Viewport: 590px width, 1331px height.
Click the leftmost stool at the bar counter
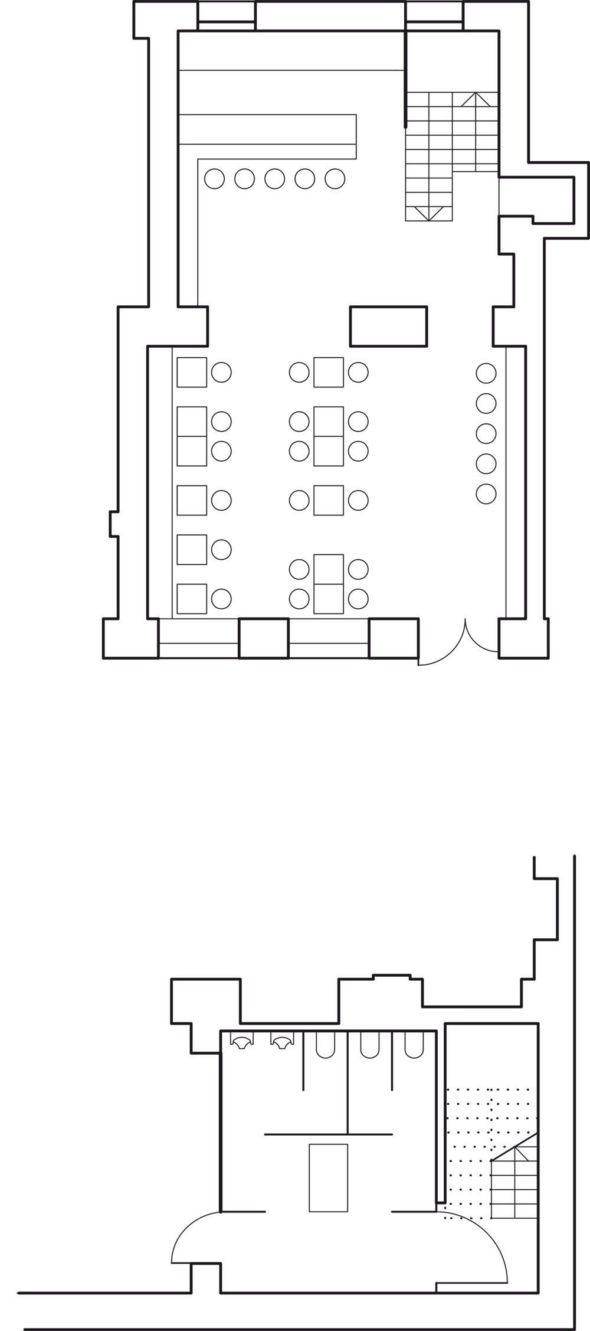(214, 178)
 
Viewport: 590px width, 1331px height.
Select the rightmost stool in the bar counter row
(335, 178)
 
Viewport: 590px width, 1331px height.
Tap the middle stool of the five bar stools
(274, 178)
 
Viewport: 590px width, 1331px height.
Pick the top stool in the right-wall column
(486, 373)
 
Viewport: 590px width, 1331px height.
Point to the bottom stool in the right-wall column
(486, 494)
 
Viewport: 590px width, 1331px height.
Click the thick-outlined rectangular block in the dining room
(388, 326)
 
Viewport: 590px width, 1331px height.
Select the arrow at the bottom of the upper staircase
(429, 214)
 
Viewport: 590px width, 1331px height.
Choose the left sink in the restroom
(242, 1043)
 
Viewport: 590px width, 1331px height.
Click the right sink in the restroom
(282, 1043)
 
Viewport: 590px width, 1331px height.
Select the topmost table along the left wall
(192, 372)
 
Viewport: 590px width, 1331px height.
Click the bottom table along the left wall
(192, 599)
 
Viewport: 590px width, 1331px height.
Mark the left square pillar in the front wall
(264, 638)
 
